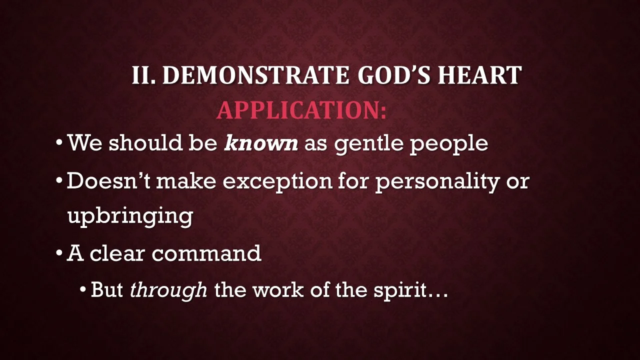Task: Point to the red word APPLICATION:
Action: tap(301, 110)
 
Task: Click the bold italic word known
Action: tap(261, 143)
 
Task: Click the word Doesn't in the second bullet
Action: tap(108, 180)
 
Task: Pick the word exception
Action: tap(277, 181)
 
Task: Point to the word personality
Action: tap(437, 181)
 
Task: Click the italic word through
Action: tap(168, 290)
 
